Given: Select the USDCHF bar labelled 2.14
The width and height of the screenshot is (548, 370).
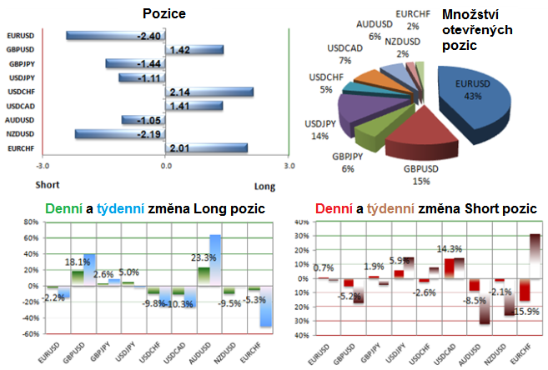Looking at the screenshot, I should click(x=209, y=92).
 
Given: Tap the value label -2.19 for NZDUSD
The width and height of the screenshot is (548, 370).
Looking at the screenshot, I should click(x=149, y=134).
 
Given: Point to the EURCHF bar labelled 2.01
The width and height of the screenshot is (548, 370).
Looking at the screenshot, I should click(x=207, y=148).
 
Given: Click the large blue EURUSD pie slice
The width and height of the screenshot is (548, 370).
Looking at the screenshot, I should click(x=473, y=104).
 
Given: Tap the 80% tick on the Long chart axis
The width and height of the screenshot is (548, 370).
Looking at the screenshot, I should click(x=30, y=222).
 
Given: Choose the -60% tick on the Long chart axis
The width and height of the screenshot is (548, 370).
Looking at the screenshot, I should click(x=29, y=333).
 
